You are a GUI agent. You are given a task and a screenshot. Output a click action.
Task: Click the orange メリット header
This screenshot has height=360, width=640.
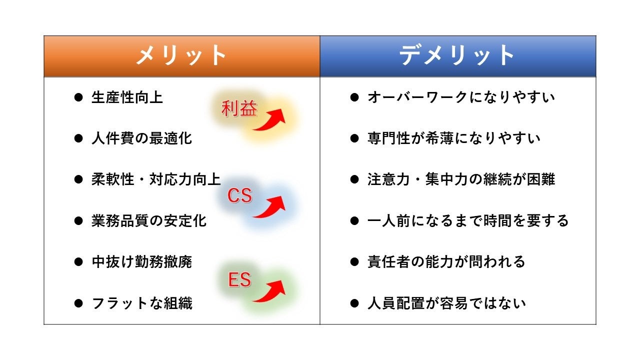[x=182, y=56]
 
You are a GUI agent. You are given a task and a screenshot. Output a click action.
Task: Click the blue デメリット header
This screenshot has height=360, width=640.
[x=458, y=56]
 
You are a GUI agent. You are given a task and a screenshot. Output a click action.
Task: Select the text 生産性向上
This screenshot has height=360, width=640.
[x=127, y=97]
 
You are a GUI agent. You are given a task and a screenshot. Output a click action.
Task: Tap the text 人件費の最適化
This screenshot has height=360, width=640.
[x=141, y=138]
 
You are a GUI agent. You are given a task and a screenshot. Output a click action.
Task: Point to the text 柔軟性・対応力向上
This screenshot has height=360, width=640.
[x=156, y=179]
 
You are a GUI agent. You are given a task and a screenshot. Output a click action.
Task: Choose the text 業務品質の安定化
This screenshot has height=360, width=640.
[x=149, y=220]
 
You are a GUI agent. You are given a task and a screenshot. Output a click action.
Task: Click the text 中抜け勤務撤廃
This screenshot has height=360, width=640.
[x=141, y=261]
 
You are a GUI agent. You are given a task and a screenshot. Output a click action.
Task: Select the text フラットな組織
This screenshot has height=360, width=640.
[x=141, y=303]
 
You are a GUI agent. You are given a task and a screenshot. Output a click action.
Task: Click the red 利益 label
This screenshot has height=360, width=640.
[x=239, y=108]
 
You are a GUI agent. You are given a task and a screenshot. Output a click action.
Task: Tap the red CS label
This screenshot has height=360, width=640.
[x=239, y=196]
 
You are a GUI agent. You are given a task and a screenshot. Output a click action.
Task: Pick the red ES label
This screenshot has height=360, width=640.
[x=239, y=280]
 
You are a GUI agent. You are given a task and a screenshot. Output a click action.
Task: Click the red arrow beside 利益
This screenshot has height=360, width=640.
[x=270, y=120]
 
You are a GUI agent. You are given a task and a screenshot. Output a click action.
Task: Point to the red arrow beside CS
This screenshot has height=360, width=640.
[x=270, y=206]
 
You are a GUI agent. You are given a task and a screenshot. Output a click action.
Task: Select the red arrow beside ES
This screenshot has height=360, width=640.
[x=270, y=291]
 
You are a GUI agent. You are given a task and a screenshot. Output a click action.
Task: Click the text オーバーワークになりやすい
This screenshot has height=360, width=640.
[x=461, y=97]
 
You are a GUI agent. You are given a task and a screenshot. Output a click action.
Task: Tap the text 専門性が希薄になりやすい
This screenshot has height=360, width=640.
[x=453, y=138]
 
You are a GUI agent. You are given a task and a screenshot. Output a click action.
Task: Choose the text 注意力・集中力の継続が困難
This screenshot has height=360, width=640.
[x=461, y=179]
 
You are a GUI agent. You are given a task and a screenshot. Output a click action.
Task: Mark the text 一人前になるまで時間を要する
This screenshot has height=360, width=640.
[x=468, y=220]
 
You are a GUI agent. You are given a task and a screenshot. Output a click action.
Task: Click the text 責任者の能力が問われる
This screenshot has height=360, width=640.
[x=446, y=261]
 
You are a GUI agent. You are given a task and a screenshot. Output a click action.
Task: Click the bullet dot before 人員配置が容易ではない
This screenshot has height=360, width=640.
[x=354, y=303]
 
